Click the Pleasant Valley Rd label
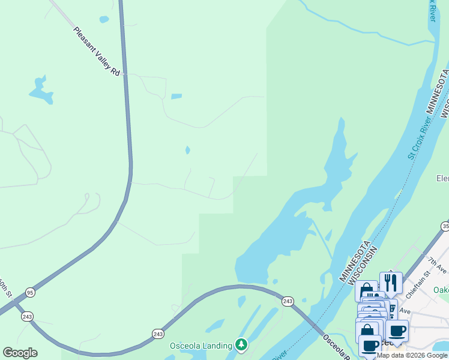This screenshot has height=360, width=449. pyautogui.click(x=97, y=52)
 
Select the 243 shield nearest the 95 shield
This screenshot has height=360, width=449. pyautogui.click(x=27, y=316)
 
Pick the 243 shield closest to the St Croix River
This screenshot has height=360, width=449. pyautogui.click(x=288, y=301)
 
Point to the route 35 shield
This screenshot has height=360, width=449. pyautogui.click(x=445, y=226)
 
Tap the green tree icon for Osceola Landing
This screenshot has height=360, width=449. pyautogui.click(x=241, y=344)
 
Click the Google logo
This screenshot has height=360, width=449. pyautogui.click(x=20, y=353)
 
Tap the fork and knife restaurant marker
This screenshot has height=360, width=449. pyautogui.click(x=391, y=281)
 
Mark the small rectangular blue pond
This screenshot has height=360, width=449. pyautogui.click(x=176, y=96)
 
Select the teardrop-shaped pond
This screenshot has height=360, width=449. pyautogui.click(x=188, y=150)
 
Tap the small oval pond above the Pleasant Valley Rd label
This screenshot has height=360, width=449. pyautogui.click(x=104, y=19)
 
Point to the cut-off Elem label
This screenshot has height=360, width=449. pyautogui.click(x=442, y=178)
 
